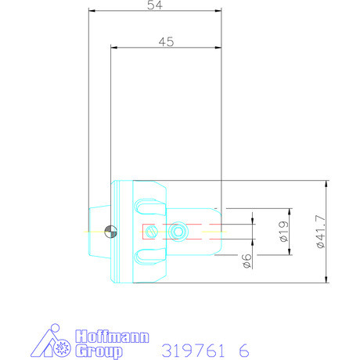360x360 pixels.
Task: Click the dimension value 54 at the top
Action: click(155, 6)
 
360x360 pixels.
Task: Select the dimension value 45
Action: click(165, 42)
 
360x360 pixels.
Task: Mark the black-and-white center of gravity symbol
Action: click(110, 231)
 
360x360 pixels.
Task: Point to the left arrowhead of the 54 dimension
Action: click(91, 12)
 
